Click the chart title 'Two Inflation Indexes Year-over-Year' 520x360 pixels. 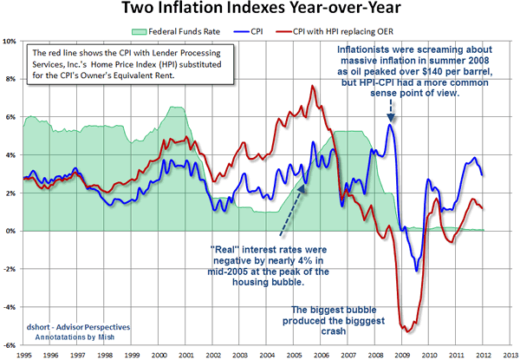pos(260,11)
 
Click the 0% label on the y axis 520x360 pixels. pos(12,231)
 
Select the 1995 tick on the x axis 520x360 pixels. pos(24,353)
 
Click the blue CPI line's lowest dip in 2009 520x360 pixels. pos(416,270)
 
